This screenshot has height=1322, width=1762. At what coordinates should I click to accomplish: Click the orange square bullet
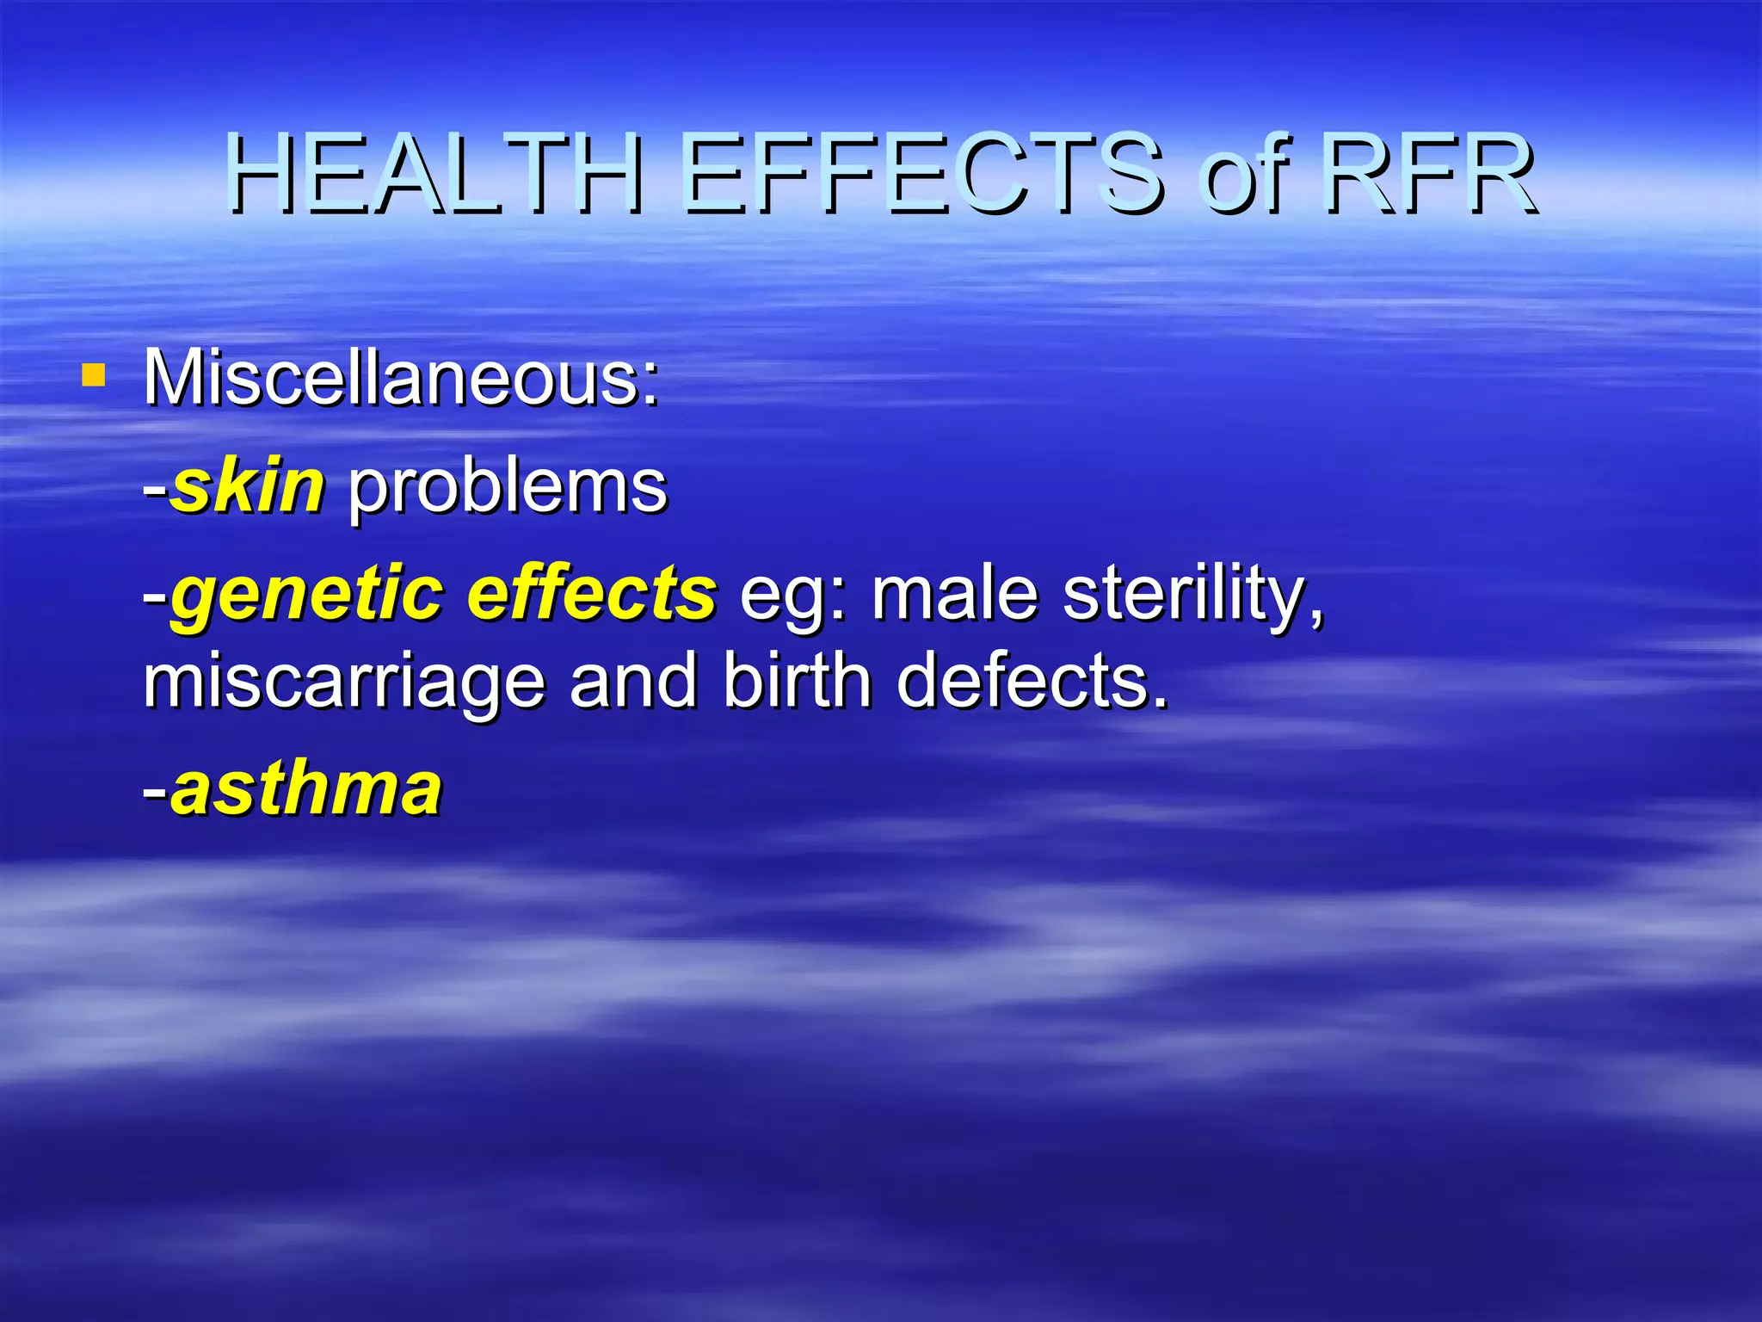click(x=93, y=375)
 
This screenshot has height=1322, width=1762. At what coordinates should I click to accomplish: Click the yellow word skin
click(x=248, y=486)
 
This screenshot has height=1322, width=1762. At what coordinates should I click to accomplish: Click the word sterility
click(x=1192, y=596)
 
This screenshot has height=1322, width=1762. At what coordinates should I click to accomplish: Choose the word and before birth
click(x=633, y=680)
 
